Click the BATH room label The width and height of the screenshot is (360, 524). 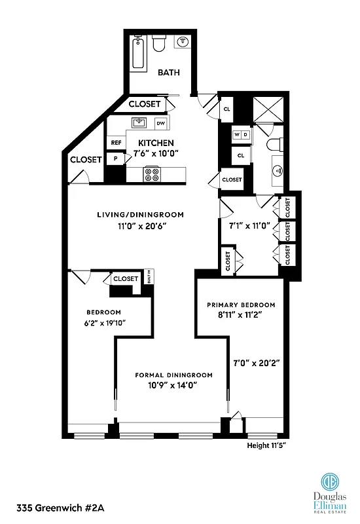(x=168, y=73)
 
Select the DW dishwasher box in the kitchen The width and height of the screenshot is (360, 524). (x=160, y=123)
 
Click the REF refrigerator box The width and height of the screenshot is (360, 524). (x=116, y=142)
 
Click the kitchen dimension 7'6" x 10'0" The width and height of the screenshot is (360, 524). (x=155, y=153)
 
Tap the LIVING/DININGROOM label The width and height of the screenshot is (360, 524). (x=140, y=215)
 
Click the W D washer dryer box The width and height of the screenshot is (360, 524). (x=240, y=135)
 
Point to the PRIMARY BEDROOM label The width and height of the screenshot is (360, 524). (x=241, y=305)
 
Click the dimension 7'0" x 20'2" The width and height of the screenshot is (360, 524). (x=257, y=362)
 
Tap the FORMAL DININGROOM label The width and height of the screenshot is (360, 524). (x=173, y=375)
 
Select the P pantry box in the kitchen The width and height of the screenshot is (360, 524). (x=116, y=159)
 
